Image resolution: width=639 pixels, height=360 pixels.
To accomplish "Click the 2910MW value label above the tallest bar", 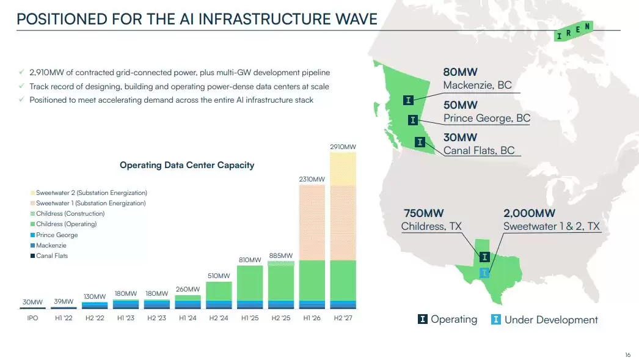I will pos(343,147).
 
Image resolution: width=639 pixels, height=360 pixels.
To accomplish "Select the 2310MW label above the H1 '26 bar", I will pos(312,179).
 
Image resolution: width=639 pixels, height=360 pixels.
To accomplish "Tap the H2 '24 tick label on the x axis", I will pos(218,318).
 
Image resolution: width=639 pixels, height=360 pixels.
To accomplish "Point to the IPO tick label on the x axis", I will pos(32,318).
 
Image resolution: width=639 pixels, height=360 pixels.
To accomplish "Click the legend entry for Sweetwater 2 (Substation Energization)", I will pos(91,193).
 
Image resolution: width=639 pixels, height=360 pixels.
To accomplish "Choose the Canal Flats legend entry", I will pos(52,255).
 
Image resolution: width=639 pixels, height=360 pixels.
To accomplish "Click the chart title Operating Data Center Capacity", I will pos(187,165).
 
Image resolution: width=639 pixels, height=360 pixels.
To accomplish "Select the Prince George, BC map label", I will pos(487,118).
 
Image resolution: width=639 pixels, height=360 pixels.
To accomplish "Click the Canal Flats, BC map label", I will pos(479,150).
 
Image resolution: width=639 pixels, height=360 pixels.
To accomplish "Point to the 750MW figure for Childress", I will pos(423,213).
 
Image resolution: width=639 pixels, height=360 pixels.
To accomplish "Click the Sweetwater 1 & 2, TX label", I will pos(552,227).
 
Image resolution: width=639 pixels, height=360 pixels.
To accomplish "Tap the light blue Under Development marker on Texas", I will pos(484,273).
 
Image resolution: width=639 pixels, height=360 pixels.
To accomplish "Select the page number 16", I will pos(627,355).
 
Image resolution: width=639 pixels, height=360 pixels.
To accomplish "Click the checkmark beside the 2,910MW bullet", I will pos(22,72).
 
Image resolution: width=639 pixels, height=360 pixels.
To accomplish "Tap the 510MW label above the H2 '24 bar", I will pos(218,275).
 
